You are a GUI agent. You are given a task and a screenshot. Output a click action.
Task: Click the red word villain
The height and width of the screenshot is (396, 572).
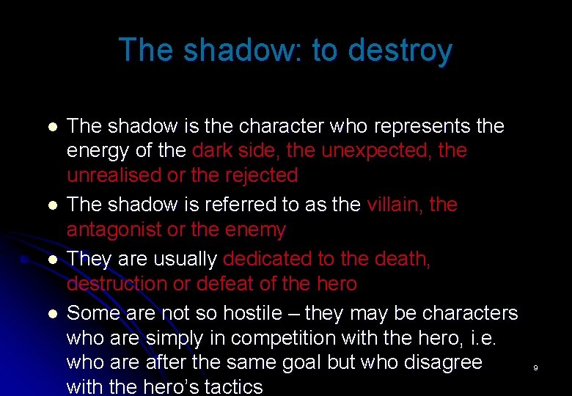(x=395, y=205)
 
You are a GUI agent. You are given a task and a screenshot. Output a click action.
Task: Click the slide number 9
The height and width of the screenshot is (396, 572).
(x=535, y=367)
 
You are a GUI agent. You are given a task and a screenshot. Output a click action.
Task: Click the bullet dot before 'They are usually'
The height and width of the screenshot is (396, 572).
(x=51, y=260)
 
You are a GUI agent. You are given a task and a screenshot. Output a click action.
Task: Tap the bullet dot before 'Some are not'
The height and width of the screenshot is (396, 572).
(x=51, y=314)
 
